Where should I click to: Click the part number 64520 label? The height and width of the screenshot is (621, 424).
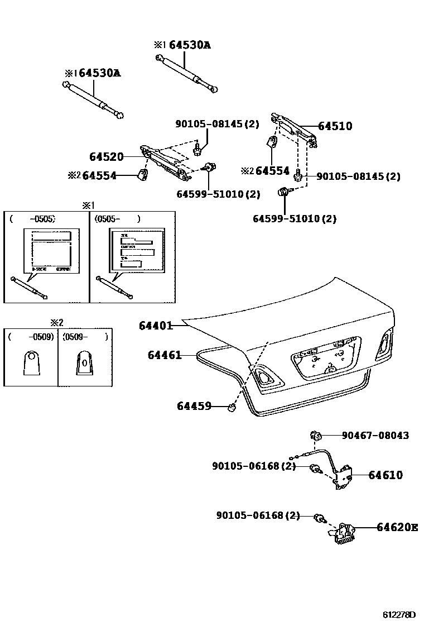[106, 157]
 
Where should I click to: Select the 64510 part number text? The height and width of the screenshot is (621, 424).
[335, 126]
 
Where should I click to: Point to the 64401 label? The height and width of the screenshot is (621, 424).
[156, 325]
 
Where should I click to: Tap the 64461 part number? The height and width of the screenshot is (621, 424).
[165, 355]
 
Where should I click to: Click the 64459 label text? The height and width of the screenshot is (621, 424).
[194, 406]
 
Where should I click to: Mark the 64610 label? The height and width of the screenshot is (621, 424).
[385, 475]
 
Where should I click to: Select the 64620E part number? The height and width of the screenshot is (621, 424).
[397, 527]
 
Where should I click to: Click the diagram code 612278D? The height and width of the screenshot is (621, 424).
[399, 614]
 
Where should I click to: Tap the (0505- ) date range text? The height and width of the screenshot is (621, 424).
[117, 219]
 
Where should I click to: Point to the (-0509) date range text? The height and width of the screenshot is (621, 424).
[31, 337]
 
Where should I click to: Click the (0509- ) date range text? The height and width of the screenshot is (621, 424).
[85, 337]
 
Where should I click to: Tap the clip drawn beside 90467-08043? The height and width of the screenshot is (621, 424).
[315, 434]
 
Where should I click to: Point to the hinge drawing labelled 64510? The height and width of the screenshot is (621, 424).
[294, 128]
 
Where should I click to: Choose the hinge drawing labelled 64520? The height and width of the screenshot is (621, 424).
[166, 163]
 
